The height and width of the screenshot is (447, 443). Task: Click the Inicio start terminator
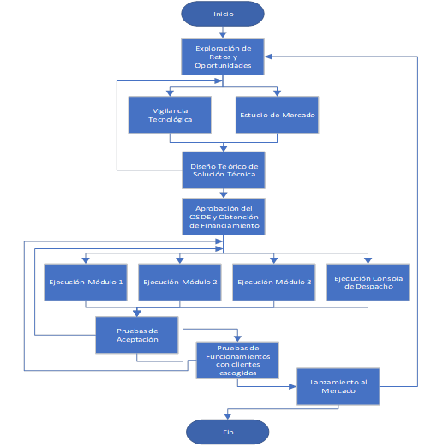[223, 14]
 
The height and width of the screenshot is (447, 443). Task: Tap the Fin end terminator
[227, 432]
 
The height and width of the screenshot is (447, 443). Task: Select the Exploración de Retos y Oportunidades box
[223, 57]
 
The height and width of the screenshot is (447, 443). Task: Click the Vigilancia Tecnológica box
[170, 115]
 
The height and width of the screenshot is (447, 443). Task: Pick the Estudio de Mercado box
[277, 115]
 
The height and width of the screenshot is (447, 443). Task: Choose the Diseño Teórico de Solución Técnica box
[224, 170]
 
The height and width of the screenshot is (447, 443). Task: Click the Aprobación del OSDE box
[224, 217]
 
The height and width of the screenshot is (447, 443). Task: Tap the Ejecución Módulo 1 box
[86, 283]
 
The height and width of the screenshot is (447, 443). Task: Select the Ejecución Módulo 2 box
[180, 283]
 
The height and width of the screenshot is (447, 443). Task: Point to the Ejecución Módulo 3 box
[274, 283]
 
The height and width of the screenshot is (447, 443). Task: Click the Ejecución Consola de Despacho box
[368, 283]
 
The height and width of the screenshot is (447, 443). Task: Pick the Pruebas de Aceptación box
[137, 335]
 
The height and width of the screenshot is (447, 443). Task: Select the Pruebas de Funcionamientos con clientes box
[237, 361]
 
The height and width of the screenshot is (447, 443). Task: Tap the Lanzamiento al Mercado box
[338, 386]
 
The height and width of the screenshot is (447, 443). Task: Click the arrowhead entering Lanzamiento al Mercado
[293, 386]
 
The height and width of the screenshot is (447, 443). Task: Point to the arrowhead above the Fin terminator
[228, 416]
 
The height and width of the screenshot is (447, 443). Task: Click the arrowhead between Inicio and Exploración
[223, 35]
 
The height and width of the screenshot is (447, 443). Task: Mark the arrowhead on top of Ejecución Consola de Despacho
[368, 260]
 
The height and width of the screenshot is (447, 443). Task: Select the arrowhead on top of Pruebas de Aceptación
[137, 313]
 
